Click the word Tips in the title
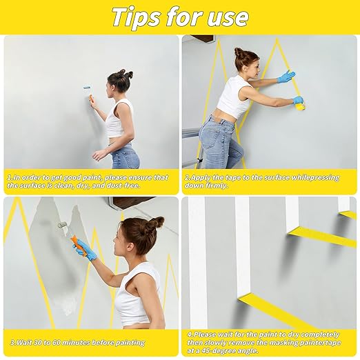(x=141, y=17)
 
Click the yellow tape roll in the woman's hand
(x=300, y=105)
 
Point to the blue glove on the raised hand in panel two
(x=286, y=77)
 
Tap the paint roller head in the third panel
(x=63, y=226)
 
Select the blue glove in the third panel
(x=86, y=250)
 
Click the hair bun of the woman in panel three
(x=156, y=223)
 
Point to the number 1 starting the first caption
(x=9, y=177)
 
